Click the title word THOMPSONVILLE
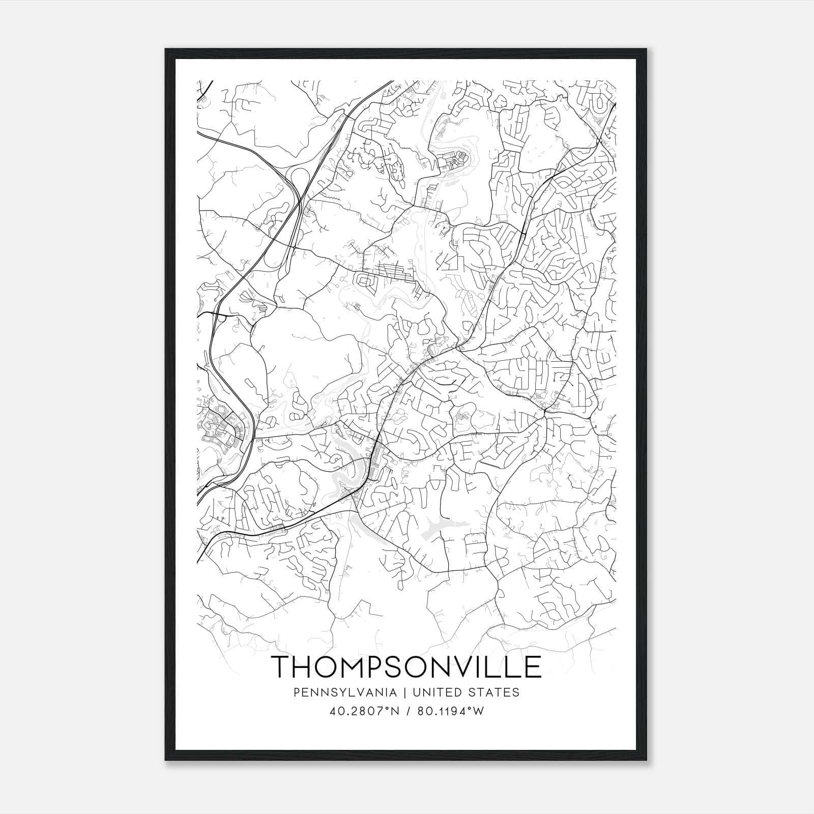406,666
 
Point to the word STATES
499,692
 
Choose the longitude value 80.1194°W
450,711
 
